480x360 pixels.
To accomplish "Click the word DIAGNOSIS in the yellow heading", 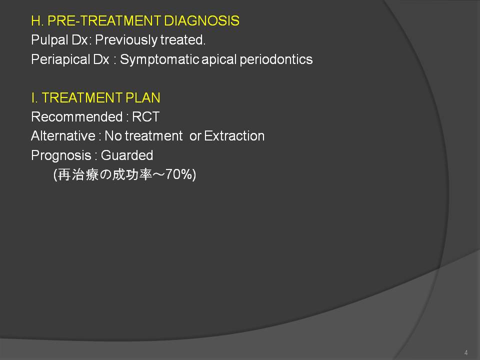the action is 201,21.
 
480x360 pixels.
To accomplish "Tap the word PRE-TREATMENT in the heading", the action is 104,21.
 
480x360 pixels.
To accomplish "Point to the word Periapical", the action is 60,59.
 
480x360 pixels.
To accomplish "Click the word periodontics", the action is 276,59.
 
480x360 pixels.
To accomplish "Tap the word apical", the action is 219,59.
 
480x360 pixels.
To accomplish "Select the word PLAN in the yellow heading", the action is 143,98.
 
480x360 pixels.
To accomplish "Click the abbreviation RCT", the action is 145,117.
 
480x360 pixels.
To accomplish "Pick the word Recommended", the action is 77,117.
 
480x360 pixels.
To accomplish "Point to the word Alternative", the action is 63,136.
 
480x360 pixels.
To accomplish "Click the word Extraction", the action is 234,136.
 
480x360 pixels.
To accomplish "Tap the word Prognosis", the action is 61,155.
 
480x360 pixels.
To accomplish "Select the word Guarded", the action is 126,155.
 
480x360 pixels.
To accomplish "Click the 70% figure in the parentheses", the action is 179,174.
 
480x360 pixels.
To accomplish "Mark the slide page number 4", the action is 466,352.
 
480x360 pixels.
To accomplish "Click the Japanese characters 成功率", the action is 132,174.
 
